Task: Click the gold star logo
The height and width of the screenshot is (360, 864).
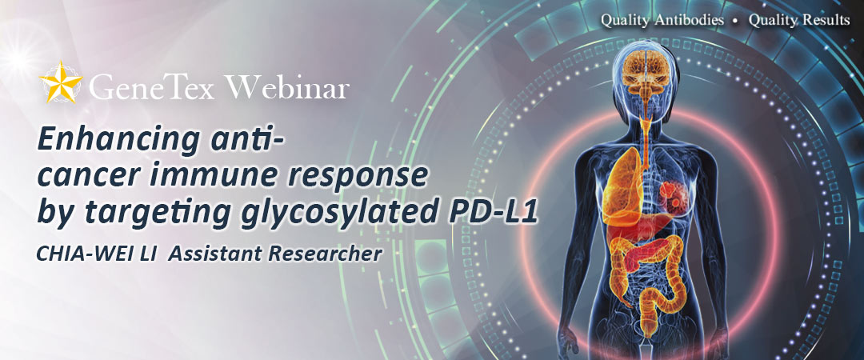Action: tap(61, 82)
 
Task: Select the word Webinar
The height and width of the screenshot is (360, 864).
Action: tap(287, 87)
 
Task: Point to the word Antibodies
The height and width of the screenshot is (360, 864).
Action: tap(690, 20)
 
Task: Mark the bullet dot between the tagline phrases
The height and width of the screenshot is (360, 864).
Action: tap(737, 22)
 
